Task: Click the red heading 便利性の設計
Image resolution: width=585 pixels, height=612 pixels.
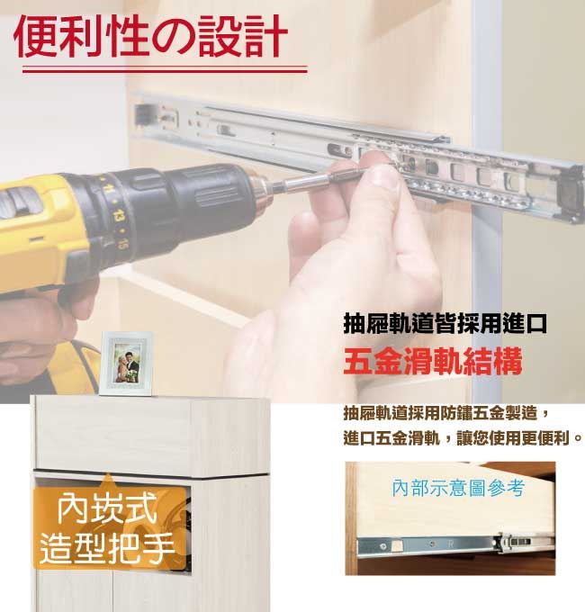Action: tap(150, 36)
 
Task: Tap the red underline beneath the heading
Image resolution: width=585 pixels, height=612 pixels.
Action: tap(165, 70)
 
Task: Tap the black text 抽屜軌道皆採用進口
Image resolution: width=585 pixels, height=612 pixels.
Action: tap(445, 324)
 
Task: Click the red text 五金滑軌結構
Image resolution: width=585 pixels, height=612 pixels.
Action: tap(433, 361)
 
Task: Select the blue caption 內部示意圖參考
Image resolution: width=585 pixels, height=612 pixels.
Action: tap(458, 488)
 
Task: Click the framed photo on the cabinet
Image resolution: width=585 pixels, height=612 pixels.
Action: tap(126, 364)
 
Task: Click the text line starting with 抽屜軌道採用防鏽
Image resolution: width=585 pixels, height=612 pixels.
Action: tap(447, 413)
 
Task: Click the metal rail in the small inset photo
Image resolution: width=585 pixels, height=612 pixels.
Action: tap(455, 544)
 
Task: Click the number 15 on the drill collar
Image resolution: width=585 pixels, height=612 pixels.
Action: tap(123, 244)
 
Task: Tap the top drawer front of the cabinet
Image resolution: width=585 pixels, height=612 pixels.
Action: tap(113, 436)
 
